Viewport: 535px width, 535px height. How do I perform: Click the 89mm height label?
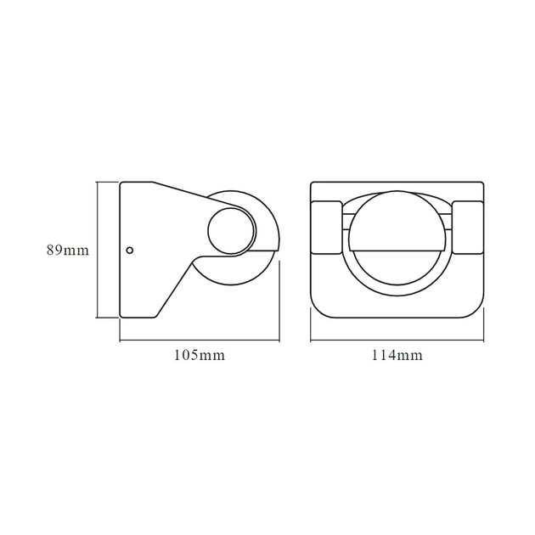click(x=68, y=251)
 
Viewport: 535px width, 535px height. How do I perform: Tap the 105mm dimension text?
click(x=200, y=356)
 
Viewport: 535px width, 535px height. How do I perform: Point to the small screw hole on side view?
click(x=129, y=250)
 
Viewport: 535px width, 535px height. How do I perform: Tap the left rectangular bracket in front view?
click(x=326, y=227)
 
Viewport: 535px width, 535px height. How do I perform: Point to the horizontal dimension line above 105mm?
click(x=200, y=341)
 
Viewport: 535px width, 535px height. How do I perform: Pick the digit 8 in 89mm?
click(x=51, y=251)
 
